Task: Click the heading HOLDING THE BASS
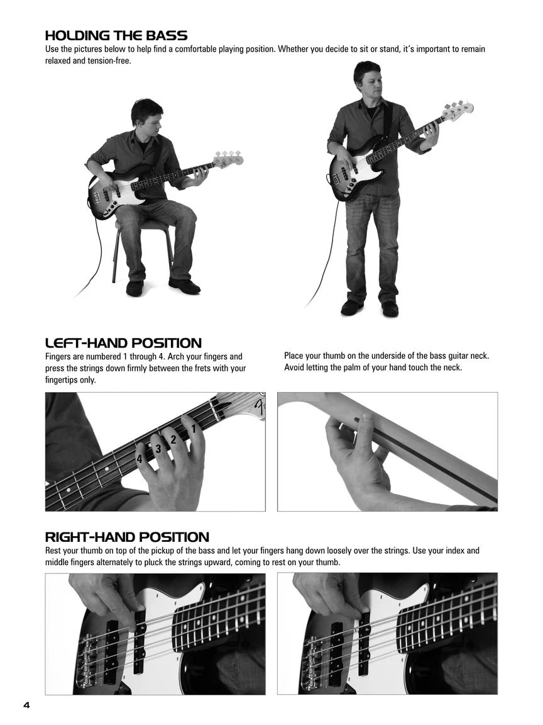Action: [x=116, y=36]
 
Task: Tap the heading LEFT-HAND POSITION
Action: [x=123, y=343]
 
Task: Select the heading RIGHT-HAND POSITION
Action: [x=127, y=537]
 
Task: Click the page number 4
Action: [x=26, y=705]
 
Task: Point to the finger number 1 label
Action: [x=194, y=429]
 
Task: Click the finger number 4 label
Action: [x=140, y=459]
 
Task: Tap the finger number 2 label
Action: [x=173, y=440]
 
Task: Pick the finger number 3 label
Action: [x=158, y=449]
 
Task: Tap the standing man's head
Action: [x=368, y=79]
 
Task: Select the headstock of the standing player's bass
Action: [x=457, y=109]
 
